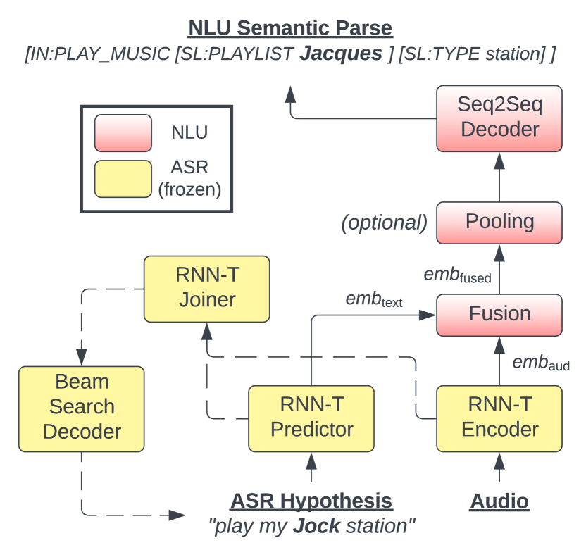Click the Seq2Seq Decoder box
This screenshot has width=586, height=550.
[x=499, y=118]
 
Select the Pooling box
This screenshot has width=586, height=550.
[x=499, y=221]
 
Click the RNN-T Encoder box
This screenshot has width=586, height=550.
[x=499, y=418]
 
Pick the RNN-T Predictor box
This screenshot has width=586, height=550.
[x=311, y=418]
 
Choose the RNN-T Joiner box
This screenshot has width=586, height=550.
[x=206, y=288]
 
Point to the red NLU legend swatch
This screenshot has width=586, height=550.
[x=123, y=133]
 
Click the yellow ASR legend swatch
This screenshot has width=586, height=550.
[x=123, y=178]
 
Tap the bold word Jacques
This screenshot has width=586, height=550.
[x=341, y=54]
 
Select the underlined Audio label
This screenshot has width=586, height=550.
[x=499, y=501]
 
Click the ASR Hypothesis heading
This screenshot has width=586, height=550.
[x=311, y=501]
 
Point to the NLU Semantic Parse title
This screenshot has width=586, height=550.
[x=290, y=28]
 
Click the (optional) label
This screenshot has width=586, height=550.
[x=384, y=223]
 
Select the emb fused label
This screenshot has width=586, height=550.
[x=457, y=275]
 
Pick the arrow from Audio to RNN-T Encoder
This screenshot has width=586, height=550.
[x=499, y=468]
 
